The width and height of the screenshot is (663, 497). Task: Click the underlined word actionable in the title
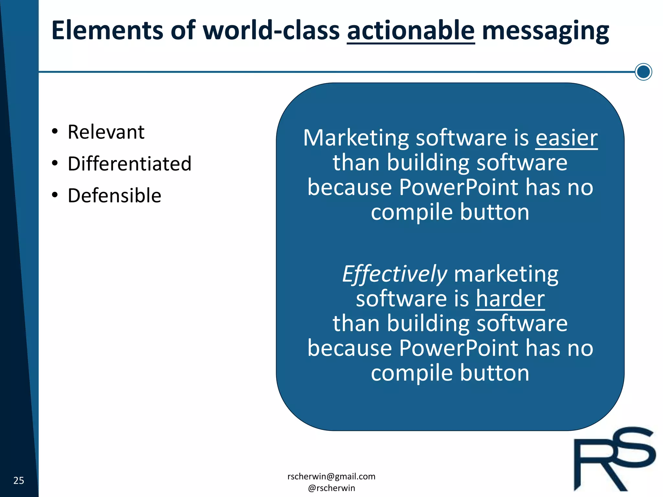410,30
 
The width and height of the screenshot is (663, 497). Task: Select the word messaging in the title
545,31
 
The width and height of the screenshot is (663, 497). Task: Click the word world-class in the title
271,30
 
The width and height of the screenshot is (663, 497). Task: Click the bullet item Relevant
106,132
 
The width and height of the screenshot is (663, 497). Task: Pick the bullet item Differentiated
129,164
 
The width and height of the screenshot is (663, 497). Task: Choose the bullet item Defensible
114,195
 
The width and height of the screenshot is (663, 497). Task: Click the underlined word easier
566,138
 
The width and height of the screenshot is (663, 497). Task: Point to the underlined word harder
510,298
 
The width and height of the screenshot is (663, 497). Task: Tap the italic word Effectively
395,274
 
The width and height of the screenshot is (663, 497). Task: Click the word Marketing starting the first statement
356,138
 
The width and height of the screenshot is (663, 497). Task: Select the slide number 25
19,480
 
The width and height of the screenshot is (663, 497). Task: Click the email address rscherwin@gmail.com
331,476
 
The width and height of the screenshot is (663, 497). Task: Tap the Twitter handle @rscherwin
331,488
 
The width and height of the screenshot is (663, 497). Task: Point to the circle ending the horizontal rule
643,72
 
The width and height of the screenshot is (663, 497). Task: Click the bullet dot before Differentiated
55,163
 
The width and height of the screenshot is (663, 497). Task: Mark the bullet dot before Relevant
55,131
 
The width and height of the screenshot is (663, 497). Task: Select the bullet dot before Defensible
55,195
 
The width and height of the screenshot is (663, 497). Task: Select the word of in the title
183,30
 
